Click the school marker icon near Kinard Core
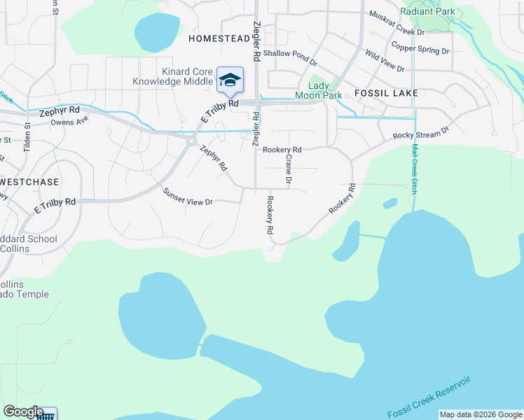229,80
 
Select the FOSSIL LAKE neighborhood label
386,93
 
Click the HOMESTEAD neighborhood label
219,39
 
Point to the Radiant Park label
427,11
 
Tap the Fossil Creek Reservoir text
429,398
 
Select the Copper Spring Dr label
420,48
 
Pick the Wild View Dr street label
384,60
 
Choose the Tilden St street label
28,133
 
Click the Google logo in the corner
23,412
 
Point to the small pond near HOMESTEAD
157,31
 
